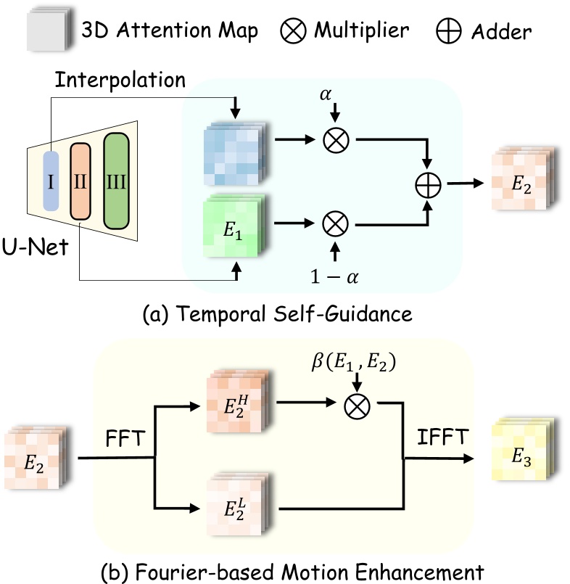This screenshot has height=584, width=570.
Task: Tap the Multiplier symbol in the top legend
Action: [296, 31]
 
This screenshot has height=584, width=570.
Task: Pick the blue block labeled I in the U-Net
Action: [51, 181]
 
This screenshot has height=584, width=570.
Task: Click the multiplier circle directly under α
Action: [334, 141]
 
